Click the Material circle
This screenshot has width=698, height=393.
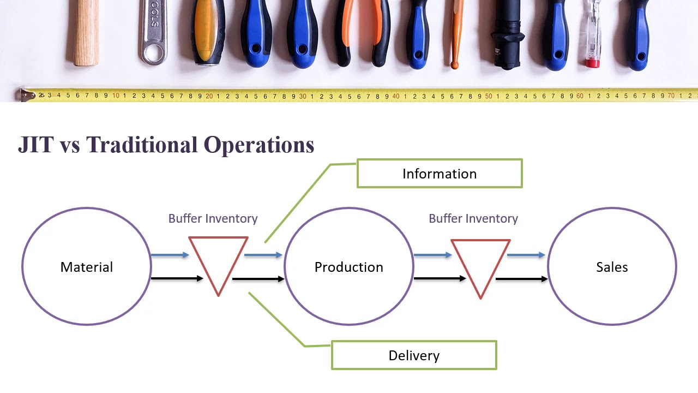[87, 267]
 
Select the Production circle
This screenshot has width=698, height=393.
[349, 267]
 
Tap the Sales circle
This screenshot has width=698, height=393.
[612, 267]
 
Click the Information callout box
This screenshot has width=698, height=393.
[440, 174]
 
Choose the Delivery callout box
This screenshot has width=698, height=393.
[414, 355]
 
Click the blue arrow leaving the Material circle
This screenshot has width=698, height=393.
[170, 255]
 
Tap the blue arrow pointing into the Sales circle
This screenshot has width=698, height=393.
[526, 255]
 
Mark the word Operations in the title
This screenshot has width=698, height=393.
[259, 145]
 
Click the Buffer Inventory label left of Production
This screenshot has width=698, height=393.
[213, 218]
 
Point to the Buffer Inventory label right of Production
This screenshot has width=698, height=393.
[473, 218]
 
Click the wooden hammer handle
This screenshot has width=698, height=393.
[86, 33]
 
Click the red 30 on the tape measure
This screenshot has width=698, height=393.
[302, 96]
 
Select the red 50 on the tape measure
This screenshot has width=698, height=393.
[489, 96]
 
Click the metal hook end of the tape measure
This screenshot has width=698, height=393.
[25, 95]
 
